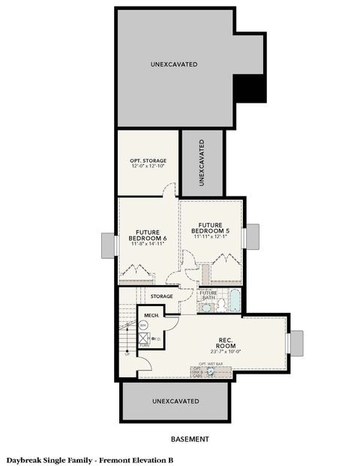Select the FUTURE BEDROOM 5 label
pyautogui.click(x=211, y=227)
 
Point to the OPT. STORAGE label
pyautogui.click(x=148, y=161)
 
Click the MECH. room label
pyautogui.click(x=150, y=315)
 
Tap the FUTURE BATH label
pyautogui.click(x=208, y=295)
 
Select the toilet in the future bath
pyautogui.click(x=206, y=306)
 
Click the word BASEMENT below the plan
pyautogui.click(x=188, y=439)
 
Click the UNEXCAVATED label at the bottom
pyautogui.click(x=174, y=401)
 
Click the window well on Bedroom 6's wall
pyautogui.click(x=109, y=245)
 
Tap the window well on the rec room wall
pyautogui.click(x=295, y=342)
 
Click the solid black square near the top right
pyautogui.click(x=250, y=89)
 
